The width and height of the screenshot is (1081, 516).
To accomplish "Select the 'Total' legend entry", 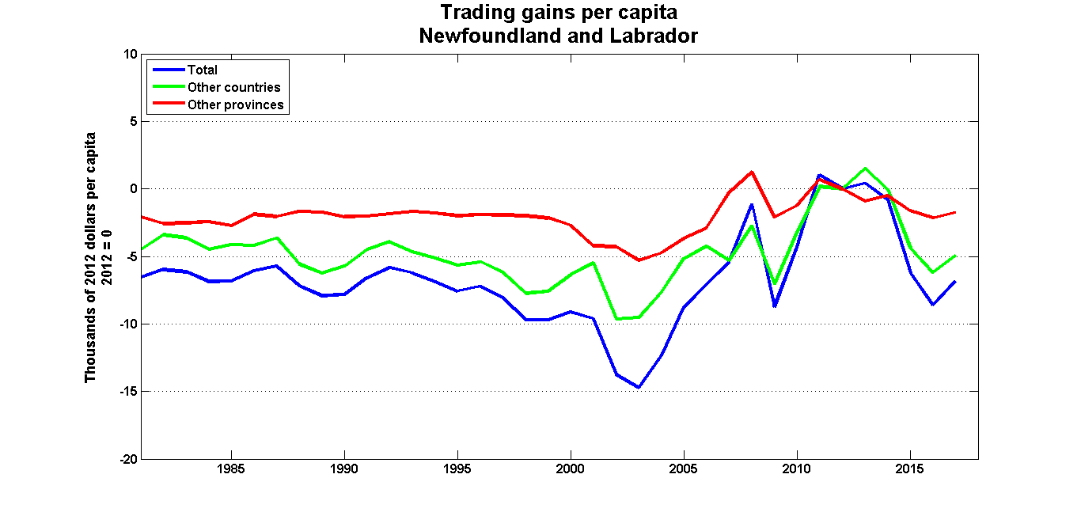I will pyautogui.click(x=202, y=70).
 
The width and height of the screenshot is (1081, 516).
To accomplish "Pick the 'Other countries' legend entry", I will pyautogui.click(x=233, y=87).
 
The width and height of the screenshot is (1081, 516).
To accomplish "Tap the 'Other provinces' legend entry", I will pyautogui.click(x=235, y=104).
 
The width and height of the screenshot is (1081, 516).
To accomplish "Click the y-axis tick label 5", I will pyautogui.click(x=134, y=122).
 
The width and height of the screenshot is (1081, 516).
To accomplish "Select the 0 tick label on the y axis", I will pyautogui.click(x=134, y=189).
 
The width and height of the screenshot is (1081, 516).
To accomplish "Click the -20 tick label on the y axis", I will pyautogui.click(x=128, y=459).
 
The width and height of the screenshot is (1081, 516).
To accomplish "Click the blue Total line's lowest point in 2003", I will pyautogui.click(x=639, y=388).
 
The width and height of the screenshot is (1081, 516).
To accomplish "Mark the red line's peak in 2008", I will pyautogui.click(x=752, y=172).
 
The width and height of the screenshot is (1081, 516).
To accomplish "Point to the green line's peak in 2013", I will pyautogui.click(x=865, y=169).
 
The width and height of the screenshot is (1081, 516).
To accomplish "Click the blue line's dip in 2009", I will pyautogui.click(x=775, y=306).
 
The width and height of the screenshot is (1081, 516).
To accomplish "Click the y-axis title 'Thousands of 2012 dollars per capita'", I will pyautogui.click(x=91, y=257).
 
